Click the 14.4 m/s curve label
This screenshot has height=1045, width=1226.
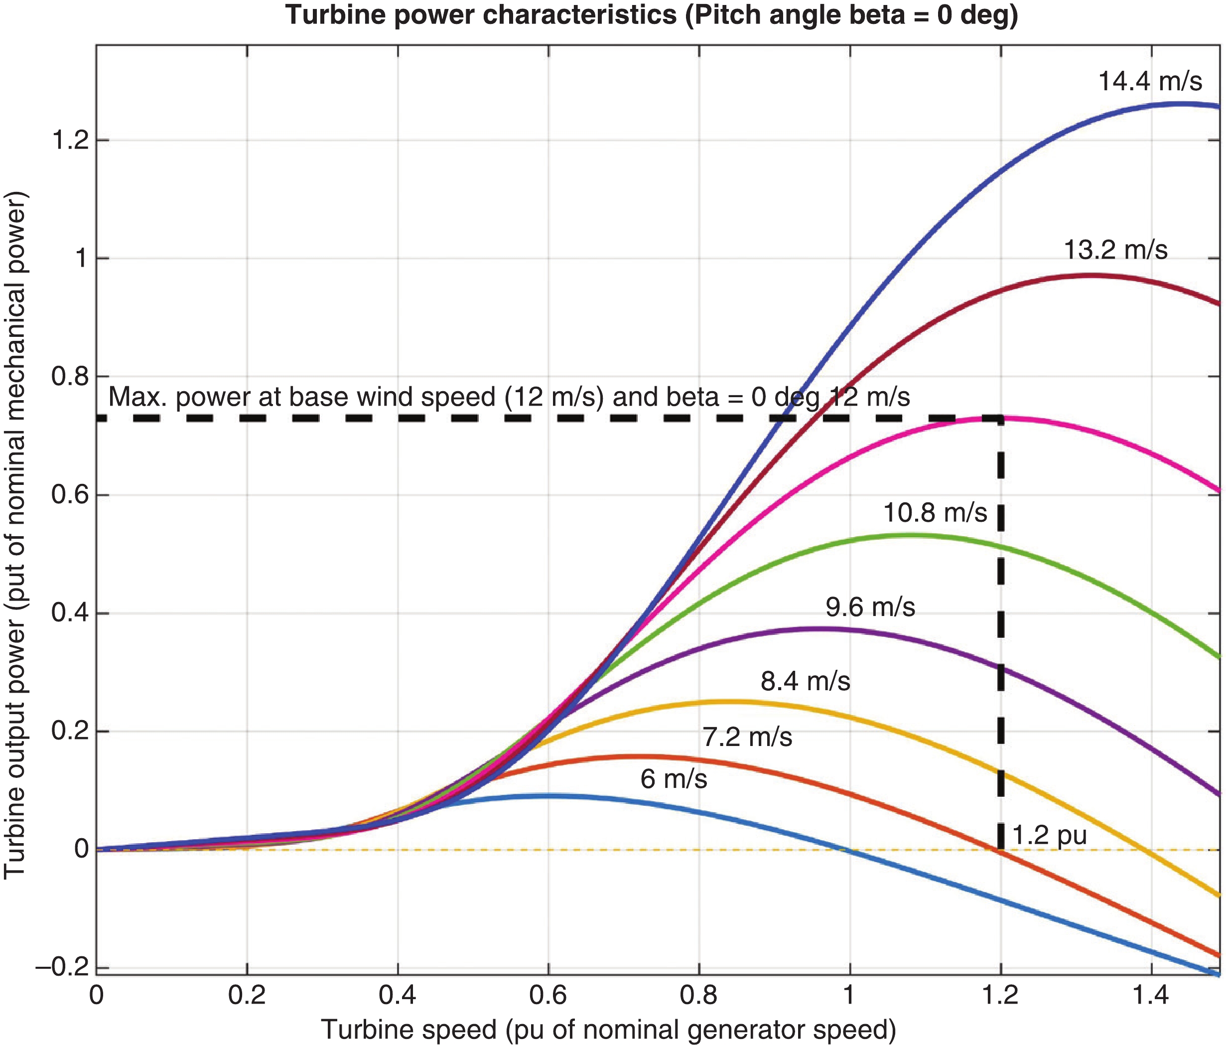coord(1150,82)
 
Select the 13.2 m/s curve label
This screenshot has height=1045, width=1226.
coord(1115,250)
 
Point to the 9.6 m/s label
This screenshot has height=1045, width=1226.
coord(870,607)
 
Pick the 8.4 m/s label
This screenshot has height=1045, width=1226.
coord(806,682)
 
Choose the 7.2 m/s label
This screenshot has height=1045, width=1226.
coord(747,738)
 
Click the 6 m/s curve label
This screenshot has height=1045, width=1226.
coord(674,779)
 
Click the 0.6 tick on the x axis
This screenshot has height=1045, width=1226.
coord(548,996)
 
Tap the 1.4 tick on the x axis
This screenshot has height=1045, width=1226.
coord(1151,996)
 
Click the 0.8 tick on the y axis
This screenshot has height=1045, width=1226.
coord(70,376)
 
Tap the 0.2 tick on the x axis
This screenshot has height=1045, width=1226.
coord(247,996)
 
